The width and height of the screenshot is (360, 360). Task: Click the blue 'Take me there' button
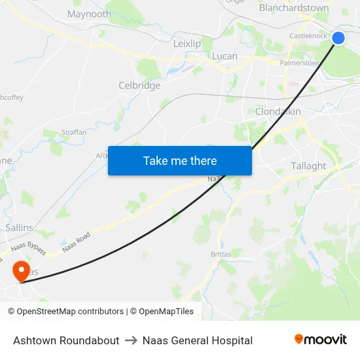[179, 160]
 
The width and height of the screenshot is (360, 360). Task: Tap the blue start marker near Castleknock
[338, 38]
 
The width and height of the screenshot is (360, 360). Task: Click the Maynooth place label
[89, 14]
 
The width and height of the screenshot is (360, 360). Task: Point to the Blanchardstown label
[294, 8]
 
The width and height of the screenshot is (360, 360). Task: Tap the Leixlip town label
[187, 43]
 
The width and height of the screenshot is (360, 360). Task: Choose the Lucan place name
[225, 56]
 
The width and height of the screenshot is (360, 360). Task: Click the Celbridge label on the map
[139, 85]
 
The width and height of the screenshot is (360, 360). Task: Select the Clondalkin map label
[278, 111]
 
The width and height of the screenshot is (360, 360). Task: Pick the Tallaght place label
[308, 166]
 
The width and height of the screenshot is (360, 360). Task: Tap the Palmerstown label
[299, 63]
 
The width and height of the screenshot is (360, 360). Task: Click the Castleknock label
[308, 36]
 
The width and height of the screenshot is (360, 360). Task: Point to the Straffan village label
[73, 132]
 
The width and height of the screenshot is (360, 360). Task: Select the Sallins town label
[19, 227]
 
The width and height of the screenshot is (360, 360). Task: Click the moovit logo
[320, 340]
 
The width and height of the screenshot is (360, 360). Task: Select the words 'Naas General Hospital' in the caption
[197, 340]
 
